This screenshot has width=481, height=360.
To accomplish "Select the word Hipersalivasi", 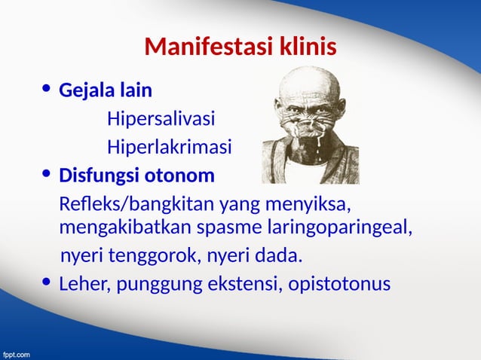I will coord(161,119).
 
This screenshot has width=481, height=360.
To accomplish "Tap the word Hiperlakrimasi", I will coord(169,147).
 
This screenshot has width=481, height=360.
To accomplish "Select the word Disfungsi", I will coord(98,175).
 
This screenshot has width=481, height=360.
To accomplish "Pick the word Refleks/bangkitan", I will coord(136,205).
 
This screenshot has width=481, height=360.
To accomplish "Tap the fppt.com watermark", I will coord(16,352).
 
